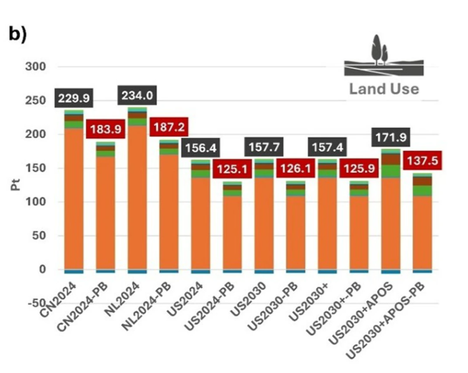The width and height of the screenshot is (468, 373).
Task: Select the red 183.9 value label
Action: [105, 130]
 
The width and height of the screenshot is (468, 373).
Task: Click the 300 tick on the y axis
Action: [36, 67]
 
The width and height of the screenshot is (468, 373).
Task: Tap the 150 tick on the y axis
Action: [36, 168]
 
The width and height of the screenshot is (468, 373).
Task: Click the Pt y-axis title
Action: [15, 186]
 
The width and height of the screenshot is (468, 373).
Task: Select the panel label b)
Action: [17, 35]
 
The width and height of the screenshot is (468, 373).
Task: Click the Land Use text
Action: [384, 89]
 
